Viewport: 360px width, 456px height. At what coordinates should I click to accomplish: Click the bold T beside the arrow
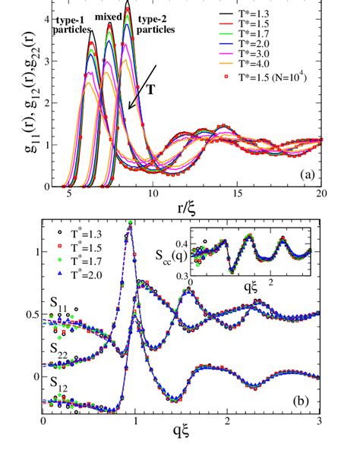151,90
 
